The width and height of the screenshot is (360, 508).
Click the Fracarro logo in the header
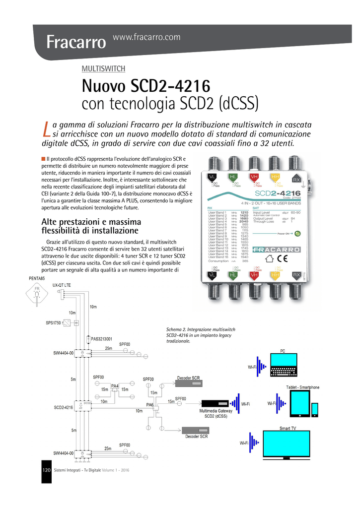pos(76,42)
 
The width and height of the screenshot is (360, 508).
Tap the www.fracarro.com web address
pos(147,37)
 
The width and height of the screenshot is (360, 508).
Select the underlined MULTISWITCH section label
pos(103,68)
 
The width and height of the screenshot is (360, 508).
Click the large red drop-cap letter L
pos(47,128)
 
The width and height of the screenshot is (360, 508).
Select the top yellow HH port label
pos(275,177)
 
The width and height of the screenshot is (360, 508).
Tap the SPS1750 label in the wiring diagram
pos(53,323)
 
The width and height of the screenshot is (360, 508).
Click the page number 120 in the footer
pos(47,470)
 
